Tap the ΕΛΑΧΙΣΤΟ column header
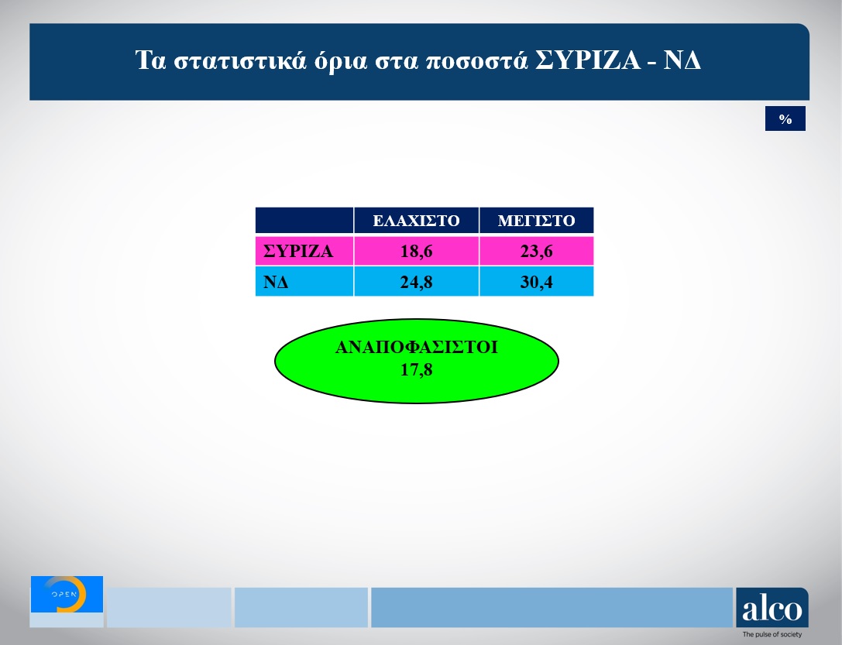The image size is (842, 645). pos(416,221)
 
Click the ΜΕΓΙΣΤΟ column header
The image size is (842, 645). pos(536,221)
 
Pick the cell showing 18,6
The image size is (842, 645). pos(416,252)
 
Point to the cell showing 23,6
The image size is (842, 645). pos(536,252)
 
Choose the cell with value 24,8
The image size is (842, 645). pos(416,282)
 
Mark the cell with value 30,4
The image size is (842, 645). pos(536,282)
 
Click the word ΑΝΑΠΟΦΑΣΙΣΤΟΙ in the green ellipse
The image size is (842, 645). pos(416,348)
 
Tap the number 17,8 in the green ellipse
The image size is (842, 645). pos(416,370)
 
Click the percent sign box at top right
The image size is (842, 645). pos(785,119)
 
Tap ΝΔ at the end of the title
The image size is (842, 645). pos(682,61)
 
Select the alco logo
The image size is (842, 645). pos(772,609)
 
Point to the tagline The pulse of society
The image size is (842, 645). pos(772,635)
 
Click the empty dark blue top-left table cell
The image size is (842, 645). pos(304,221)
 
